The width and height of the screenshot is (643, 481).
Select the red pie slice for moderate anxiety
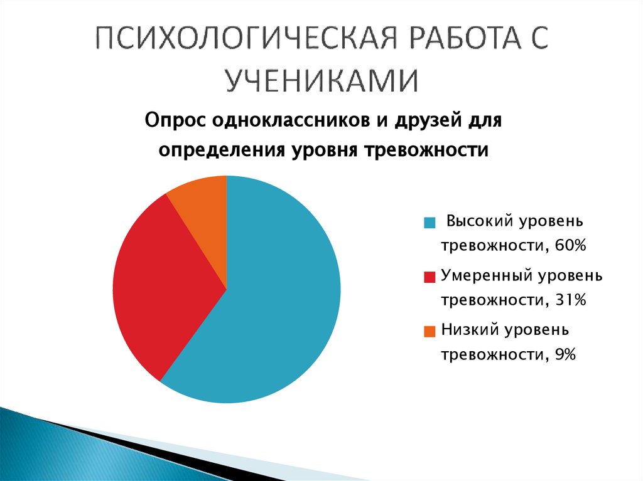tap(163, 282)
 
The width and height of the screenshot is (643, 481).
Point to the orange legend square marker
tap(430, 331)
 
